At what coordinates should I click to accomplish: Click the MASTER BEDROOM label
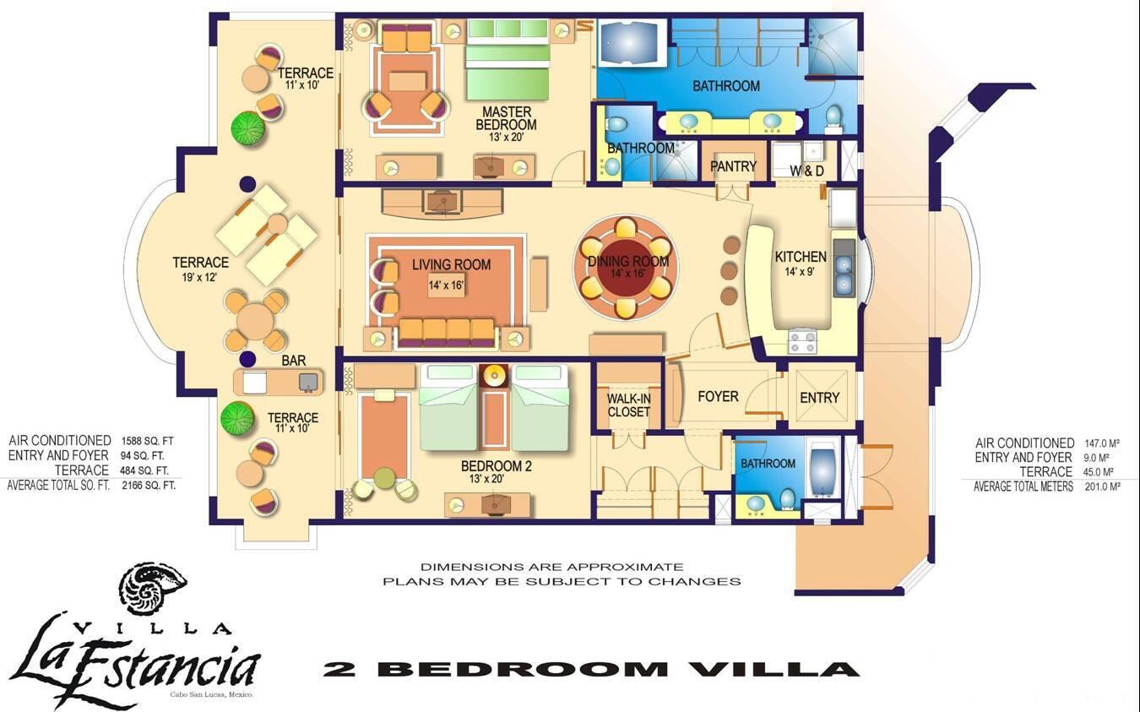coord(506,118)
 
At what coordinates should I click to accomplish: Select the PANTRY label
coord(733,166)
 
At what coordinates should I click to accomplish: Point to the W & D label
coord(806,171)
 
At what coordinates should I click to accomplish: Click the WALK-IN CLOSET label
coord(628,405)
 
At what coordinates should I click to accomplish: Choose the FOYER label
coord(718,396)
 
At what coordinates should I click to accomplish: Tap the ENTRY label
coord(819,398)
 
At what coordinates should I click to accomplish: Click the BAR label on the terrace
coord(294,361)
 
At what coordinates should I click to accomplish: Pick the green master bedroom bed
coord(508,60)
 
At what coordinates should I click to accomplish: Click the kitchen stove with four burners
coord(802,341)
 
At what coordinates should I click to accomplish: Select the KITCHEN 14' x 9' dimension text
coord(800,272)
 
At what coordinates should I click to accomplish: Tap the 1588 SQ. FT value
coord(148,441)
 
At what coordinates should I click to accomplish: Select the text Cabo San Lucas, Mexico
coord(212,695)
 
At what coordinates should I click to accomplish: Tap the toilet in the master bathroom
coord(833,118)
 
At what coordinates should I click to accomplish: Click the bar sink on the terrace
coord(308,382)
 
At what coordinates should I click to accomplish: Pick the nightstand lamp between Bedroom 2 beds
coord(494,376)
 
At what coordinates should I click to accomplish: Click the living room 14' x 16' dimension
coord(446,285)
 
